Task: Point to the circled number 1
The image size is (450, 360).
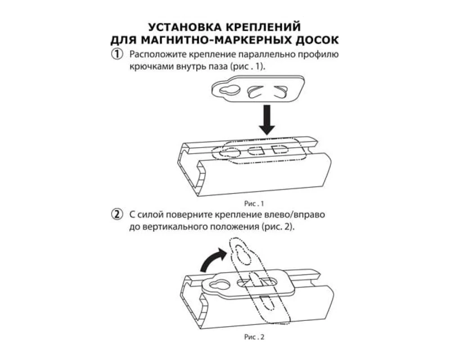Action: (117, 55)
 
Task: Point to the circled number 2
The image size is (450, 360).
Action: (117, 215)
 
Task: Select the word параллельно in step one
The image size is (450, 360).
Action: (256, 55)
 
